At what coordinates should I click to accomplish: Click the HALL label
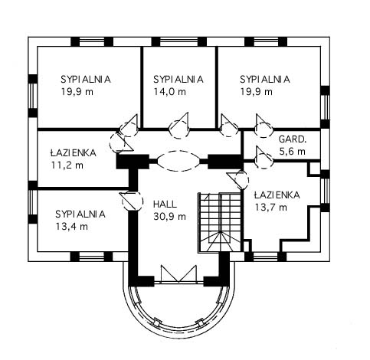click(x=165, y=205)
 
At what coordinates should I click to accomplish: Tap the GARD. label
click(x=293, y=139)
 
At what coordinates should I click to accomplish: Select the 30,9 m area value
click(x=169, y=217)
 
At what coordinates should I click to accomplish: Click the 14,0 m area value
click(x=169, y=91)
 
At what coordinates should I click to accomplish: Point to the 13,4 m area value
click(x=72, y=226)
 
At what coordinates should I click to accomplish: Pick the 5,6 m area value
click(x=293, y=152)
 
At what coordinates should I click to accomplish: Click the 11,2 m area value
click(x=67, y=165)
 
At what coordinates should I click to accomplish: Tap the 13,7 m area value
click(x=271, y=208)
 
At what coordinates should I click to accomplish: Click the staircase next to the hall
click(x=220, y=223)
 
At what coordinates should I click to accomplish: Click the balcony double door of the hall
click(x=178, y=273)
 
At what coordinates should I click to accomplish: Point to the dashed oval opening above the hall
click(x=178, y=161)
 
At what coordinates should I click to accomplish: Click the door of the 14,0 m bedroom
click(x=180, y=126)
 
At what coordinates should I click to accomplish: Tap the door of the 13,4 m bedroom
click(x=132, y=201)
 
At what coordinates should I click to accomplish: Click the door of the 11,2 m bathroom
click(x=120, y=142)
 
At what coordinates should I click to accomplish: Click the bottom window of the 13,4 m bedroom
click(x=91, y=257)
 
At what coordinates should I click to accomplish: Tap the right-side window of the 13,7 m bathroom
click(x=325, y=191)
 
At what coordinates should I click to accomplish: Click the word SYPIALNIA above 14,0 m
click(x=178, y=80)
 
